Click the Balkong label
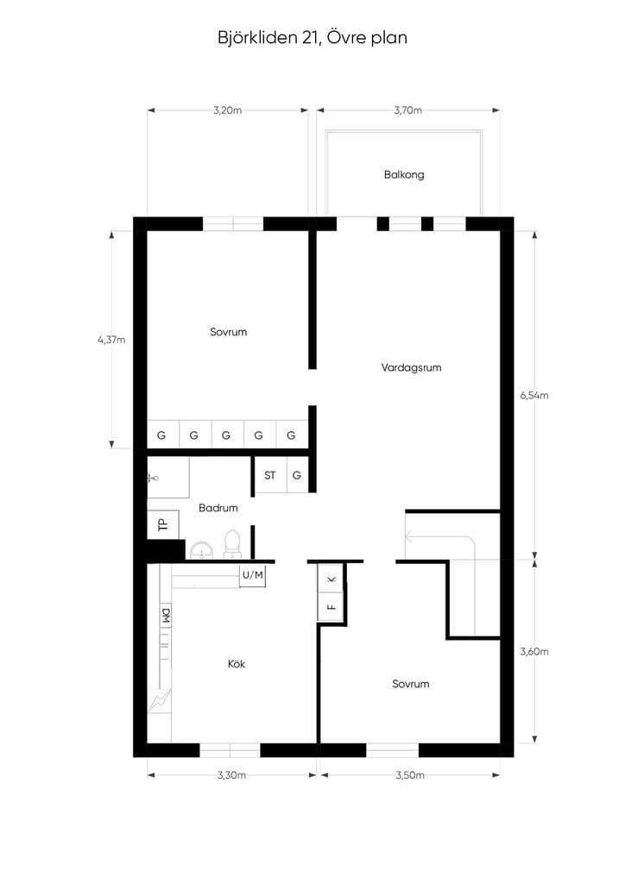point(403,174)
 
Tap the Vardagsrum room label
point(411,367)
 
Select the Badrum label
point(218,508)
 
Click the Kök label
point(237,664)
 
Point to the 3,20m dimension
point(227,110)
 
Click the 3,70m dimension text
point(407,110)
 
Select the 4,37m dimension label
point(111,340)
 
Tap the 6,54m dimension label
point(533,395)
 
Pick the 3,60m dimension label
point(533,652)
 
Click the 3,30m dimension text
point(231,775)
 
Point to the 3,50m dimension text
point(410,775)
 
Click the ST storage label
point(270,475)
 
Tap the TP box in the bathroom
point(163,525)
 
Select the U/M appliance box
point(252,575)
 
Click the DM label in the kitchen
point(166,616)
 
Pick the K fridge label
point(331,579)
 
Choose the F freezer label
point(331,607)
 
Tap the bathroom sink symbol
point(201,550)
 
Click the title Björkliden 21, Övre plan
point(312,38)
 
